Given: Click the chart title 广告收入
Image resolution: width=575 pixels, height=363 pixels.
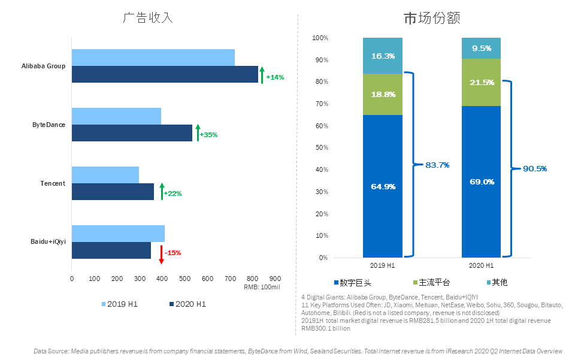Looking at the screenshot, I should click(148, 17).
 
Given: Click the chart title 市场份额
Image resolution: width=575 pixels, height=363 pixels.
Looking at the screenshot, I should click(431, 19).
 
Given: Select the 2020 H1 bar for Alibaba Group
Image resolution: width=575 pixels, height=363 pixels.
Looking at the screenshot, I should click(165, 74).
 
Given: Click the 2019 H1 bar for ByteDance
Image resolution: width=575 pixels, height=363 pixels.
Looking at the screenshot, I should click(116, 116).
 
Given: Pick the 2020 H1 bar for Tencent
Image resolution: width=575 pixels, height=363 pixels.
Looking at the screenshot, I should click(113, 192).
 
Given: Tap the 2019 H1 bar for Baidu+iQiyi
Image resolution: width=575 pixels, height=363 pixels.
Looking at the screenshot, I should click(118, 234).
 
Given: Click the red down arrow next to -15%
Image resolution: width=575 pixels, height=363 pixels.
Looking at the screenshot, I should click(161, 254).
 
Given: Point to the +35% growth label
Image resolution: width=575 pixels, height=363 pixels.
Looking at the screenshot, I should click(208, 135).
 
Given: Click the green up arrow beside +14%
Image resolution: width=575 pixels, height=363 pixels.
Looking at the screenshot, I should click(262, 75).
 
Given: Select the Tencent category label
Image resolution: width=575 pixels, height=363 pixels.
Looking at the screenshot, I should click(53, 183).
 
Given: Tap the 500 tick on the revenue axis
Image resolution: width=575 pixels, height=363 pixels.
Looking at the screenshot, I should click(184, 279).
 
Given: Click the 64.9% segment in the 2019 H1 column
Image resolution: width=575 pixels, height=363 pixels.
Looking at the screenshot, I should click(382, 186).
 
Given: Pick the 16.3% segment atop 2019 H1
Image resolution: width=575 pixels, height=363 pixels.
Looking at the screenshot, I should click(382, 56).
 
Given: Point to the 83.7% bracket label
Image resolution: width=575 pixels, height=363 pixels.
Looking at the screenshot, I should click(437, 165).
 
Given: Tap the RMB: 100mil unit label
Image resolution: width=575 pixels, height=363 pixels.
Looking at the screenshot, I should click(262, 288).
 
